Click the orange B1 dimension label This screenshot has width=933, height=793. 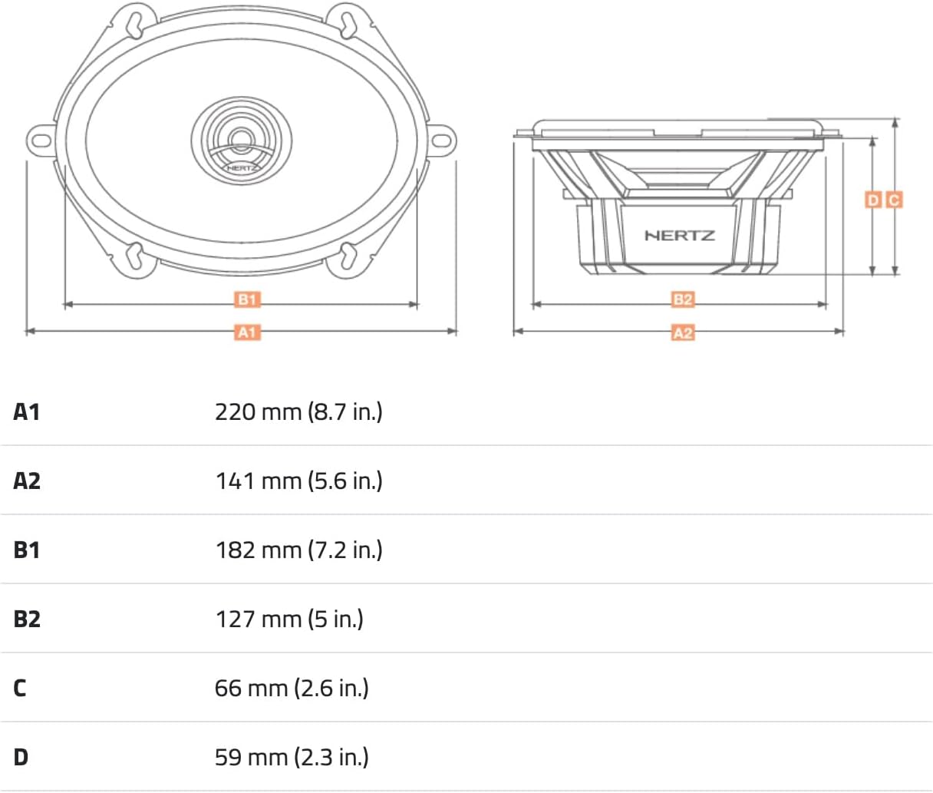[247, 299]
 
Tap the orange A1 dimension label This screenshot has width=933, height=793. [247, 332]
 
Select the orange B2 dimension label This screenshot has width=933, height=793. [682, 299]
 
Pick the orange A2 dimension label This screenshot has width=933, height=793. [682, 333]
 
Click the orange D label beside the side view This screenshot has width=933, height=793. [873, 200]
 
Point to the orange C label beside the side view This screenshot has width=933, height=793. [894, 200]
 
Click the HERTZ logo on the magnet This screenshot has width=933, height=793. [680, 236]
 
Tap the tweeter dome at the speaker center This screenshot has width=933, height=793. [242, 137]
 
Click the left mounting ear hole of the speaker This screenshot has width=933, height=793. [42, 140]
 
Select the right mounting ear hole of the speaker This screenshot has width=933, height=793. [441, 140]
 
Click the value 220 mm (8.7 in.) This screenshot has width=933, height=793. [298, 412]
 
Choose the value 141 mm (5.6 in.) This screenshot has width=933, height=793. [298, 481]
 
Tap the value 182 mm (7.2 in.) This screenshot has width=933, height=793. [298, 550]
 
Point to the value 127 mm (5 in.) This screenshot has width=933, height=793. [289, 620]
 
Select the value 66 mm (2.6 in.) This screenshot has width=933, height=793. [292, 689]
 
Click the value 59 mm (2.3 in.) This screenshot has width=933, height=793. [292, 758]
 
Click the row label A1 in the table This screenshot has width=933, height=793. [27, 412]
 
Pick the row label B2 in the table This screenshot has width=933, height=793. [27, 620]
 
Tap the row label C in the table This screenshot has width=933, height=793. [20, 689]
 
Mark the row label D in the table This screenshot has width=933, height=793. [21, 758]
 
